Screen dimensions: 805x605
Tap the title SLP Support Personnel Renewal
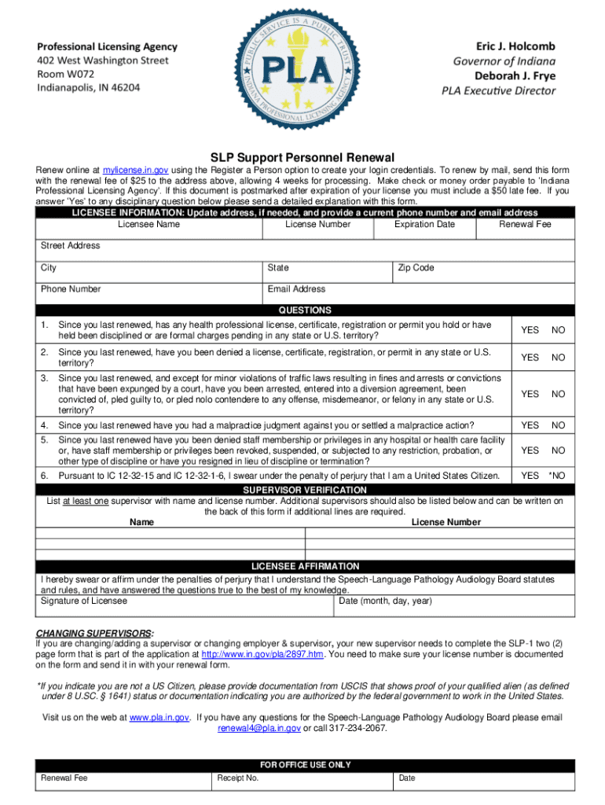pos(302,157)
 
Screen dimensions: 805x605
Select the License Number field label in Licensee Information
pos(317,224)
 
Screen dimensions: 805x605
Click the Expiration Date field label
pos(424,224)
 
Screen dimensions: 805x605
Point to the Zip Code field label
pos(416,268)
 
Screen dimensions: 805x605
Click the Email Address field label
pos(296,289)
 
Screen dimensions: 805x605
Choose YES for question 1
pos(530,330)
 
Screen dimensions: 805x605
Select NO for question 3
pos(558,394)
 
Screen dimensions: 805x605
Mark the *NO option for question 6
pos(556,476)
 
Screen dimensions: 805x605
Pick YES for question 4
pos(530,425)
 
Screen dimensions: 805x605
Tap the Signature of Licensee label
pos(83,601)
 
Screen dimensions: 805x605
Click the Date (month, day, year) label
pos(385,601)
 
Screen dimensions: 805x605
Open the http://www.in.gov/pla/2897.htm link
pos(262,653)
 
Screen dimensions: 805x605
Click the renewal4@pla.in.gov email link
pos(258,728)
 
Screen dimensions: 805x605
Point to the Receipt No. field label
pos(238,777)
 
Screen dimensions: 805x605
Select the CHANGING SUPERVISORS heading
pos(94,633)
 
